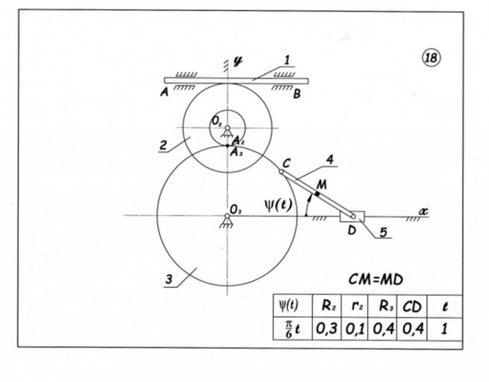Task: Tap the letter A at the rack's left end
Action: coord(163,93)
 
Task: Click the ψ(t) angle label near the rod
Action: coord(280,205)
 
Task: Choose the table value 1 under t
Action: coord(444,326)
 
